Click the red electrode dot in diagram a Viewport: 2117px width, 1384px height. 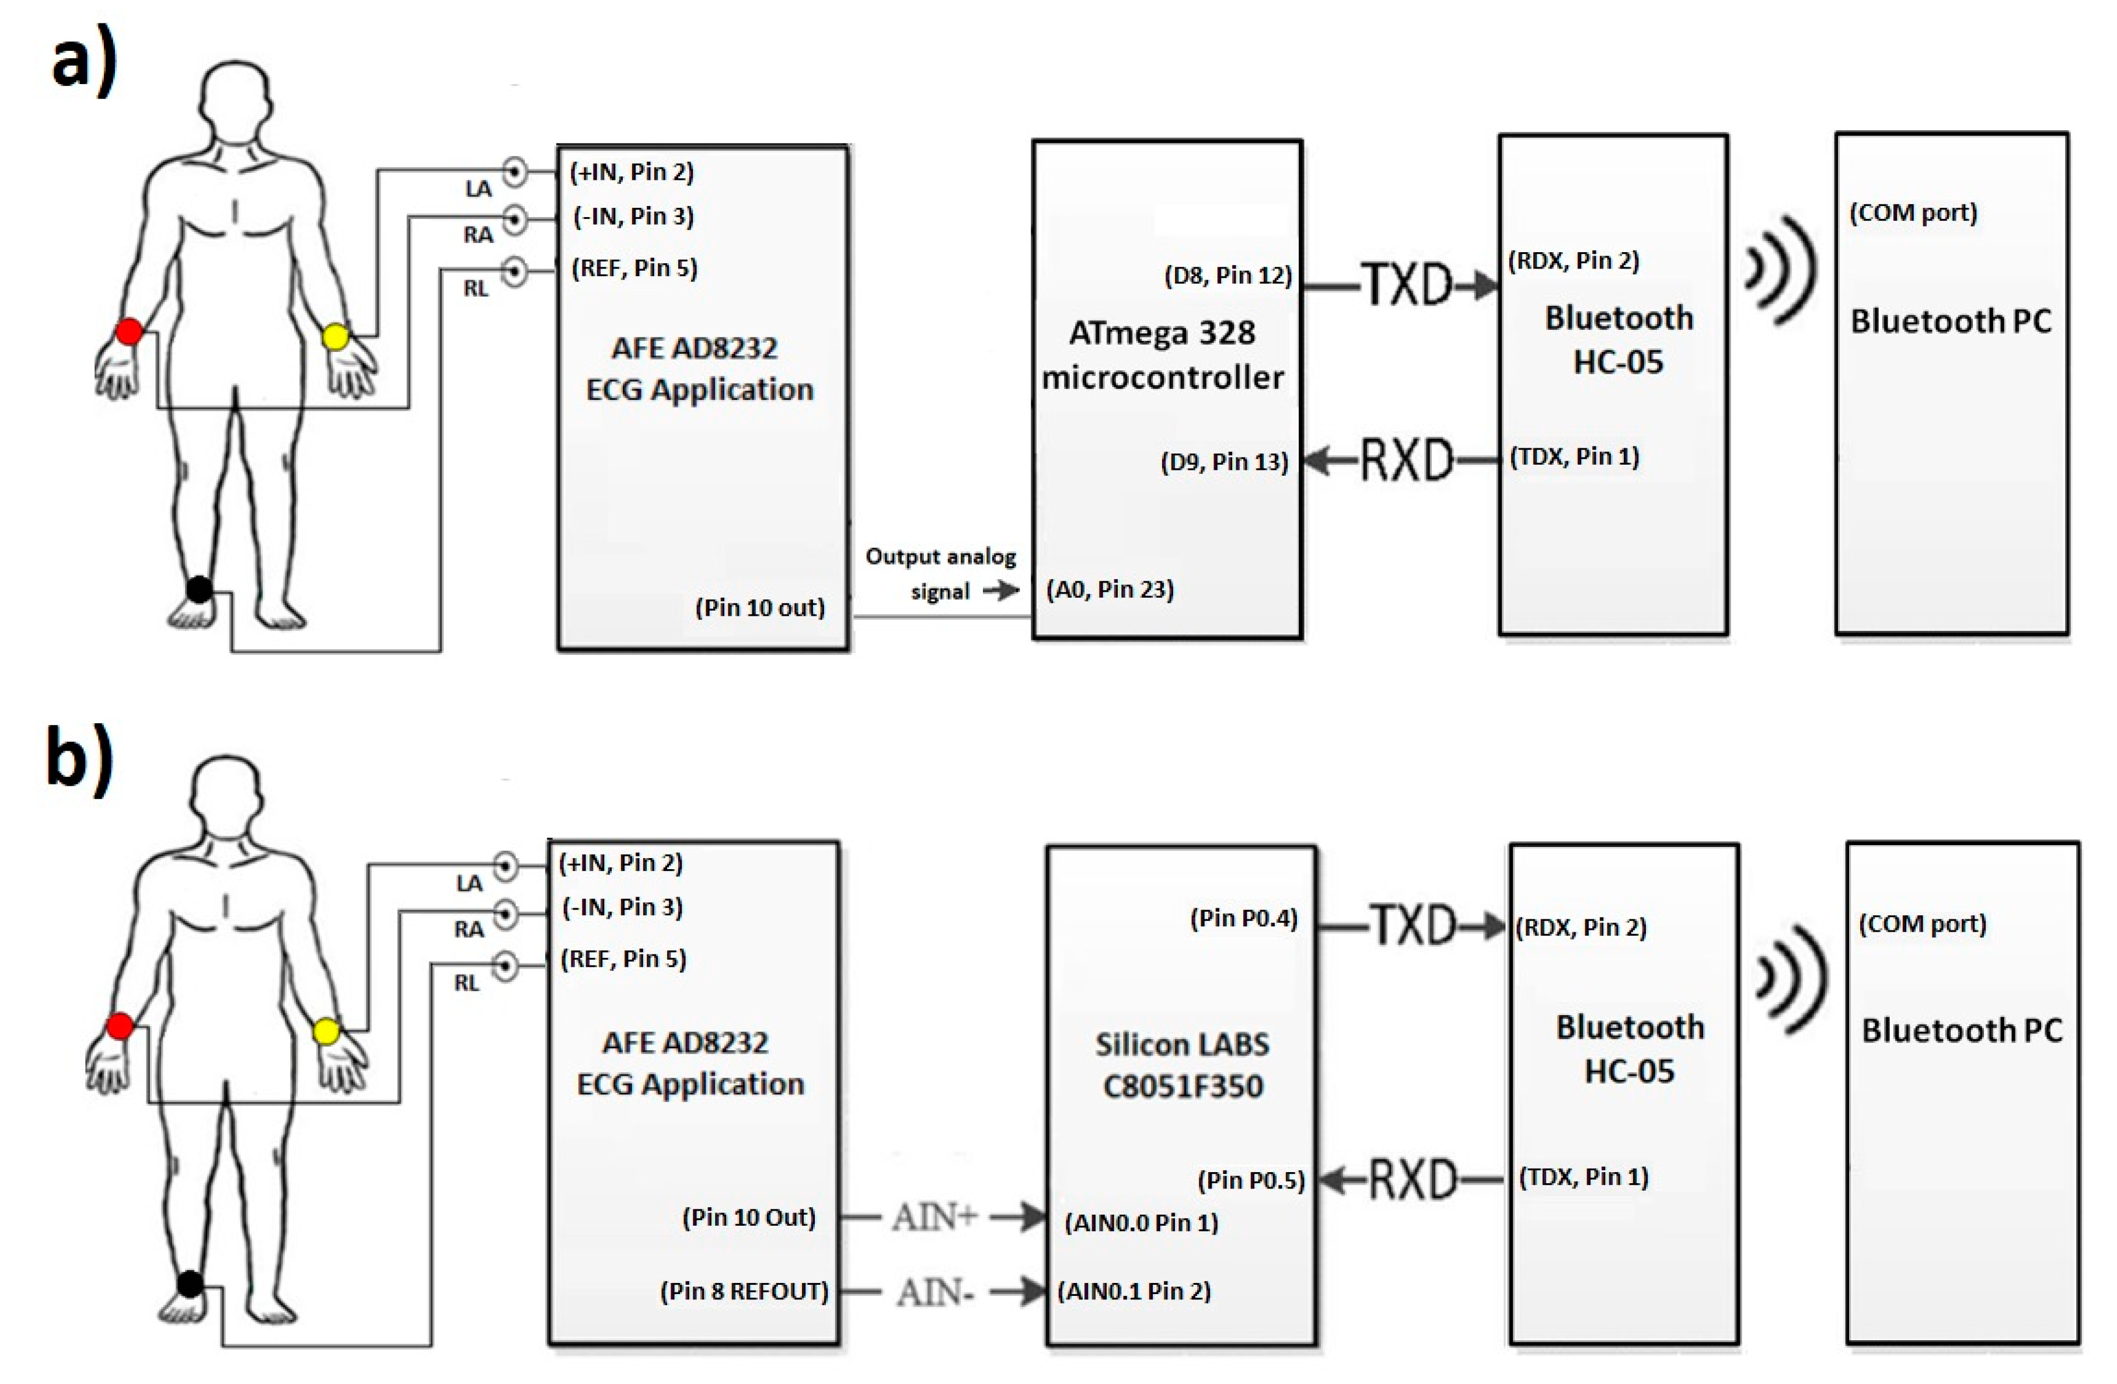tap(129, 332)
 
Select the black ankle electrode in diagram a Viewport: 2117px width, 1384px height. tap(199, 589)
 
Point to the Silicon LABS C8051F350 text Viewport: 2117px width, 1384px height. tap(1182, 1065)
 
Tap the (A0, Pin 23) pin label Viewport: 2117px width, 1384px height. tap(1110, 590)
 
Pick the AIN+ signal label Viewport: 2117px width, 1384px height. tap(934, 1217)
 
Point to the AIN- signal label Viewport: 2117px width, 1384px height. tap(934, 1292)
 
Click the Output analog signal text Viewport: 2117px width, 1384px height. tap(940, 574)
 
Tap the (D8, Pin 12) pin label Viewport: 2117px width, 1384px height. tap(1227, 276)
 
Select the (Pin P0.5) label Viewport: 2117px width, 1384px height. tap(1251, 1180)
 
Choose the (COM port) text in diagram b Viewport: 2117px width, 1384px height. tap(1922, 923)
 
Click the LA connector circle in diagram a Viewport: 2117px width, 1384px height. tap(515, 171)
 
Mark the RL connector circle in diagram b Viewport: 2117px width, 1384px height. tap(505, 966)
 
